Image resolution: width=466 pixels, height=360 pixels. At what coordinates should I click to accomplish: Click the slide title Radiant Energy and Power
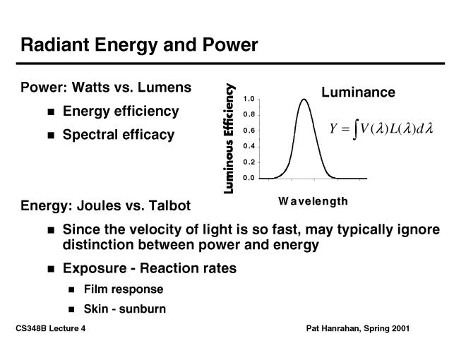click(x=139, y=45)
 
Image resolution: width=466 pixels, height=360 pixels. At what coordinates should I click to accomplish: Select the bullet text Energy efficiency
click(x=121, y=112)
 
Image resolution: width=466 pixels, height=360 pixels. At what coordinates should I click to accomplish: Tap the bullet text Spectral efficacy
click(x=119, y=135)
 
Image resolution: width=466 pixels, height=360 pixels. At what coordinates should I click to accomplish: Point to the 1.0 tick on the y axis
click(x=249, y=99)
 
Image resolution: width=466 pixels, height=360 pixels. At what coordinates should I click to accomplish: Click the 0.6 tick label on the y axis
click(x=249, y=131)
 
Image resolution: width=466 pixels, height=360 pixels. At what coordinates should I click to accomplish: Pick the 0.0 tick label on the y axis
click(x=249, y=178)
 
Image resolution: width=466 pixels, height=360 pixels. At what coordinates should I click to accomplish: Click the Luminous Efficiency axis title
click(x=229, y=138)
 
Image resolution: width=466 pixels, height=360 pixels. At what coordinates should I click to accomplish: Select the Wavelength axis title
click(x=313, y=201)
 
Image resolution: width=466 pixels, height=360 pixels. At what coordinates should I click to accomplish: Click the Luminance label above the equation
click(x=358, y=92)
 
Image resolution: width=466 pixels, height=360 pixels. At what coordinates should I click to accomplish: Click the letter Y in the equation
click(x=334, y=129)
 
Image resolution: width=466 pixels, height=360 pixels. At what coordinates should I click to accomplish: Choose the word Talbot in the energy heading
click(x=169, y=206)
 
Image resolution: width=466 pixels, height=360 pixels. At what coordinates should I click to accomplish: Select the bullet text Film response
click(x=123, y=289)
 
